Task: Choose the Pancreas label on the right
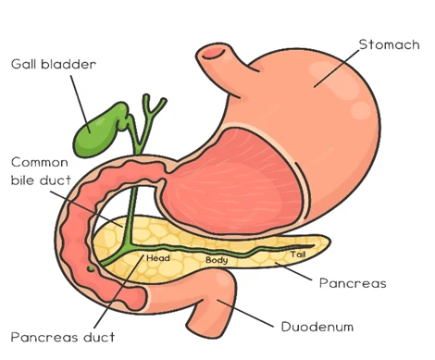(x=352, y=282)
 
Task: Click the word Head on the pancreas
(x=157, y=259)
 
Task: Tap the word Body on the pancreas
(x=216, y=261)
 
